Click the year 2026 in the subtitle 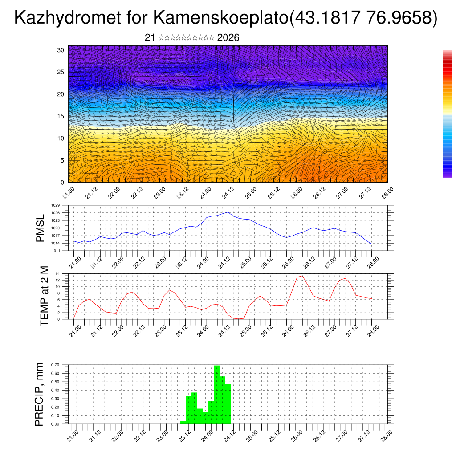[228, 38]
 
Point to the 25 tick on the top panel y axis [61, 72]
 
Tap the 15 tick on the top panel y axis [61, 116]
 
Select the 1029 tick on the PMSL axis [56, 205]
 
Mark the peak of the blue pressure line [228, 212]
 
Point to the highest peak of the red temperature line [302, 276]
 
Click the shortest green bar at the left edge [183, 422]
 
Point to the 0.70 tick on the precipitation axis [55, 365]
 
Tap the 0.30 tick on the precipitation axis [55, 399]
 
